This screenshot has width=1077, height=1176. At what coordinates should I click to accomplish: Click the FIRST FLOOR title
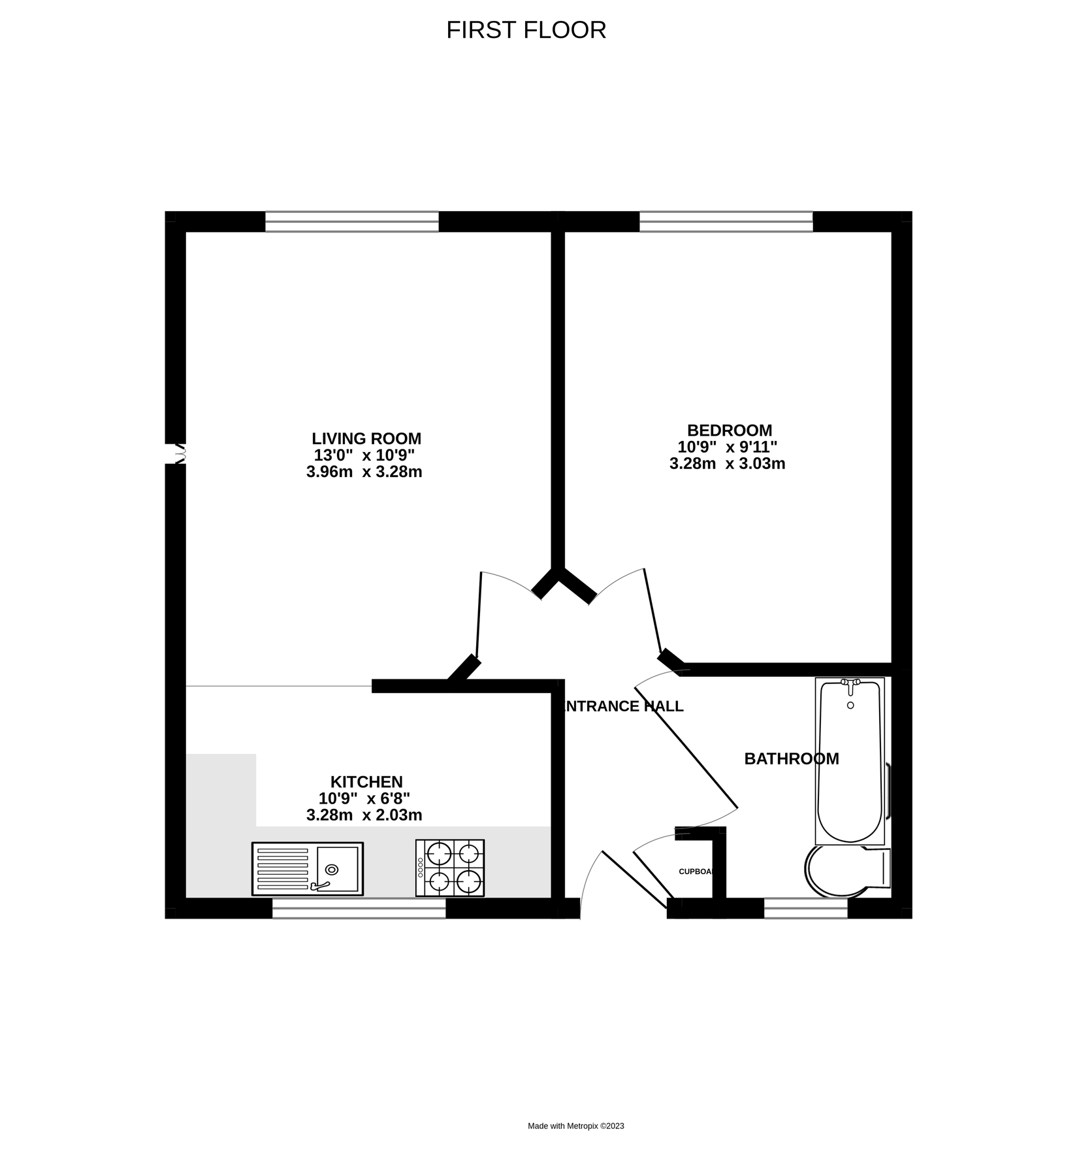[526, 30]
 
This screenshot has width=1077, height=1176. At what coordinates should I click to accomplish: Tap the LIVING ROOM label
[366, 438]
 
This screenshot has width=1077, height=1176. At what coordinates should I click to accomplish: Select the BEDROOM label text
[729, 431]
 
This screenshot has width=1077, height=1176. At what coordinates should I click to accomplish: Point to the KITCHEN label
[366, 781]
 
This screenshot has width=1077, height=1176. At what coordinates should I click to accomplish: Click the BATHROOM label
[791, 759]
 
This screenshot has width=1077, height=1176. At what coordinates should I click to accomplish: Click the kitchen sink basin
[337, 869]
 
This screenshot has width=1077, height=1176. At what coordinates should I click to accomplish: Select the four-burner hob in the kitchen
[450, 868]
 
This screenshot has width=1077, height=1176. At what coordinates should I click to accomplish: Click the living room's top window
[351, 222]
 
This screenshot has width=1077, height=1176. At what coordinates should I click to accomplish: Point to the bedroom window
[726, 222]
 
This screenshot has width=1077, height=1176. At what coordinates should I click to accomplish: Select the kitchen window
[359, 908]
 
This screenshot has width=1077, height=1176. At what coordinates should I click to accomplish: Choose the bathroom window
[805, 908]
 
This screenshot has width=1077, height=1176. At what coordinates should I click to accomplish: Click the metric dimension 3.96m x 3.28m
[364, 472]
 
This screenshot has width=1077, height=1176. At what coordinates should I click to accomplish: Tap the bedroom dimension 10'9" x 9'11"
[727, 448]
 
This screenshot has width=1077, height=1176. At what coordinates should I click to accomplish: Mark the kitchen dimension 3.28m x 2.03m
[364, 815]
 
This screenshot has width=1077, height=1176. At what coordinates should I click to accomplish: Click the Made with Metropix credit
[575, 1126]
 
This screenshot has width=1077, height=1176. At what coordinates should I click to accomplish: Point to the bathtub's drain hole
[850, 706]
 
